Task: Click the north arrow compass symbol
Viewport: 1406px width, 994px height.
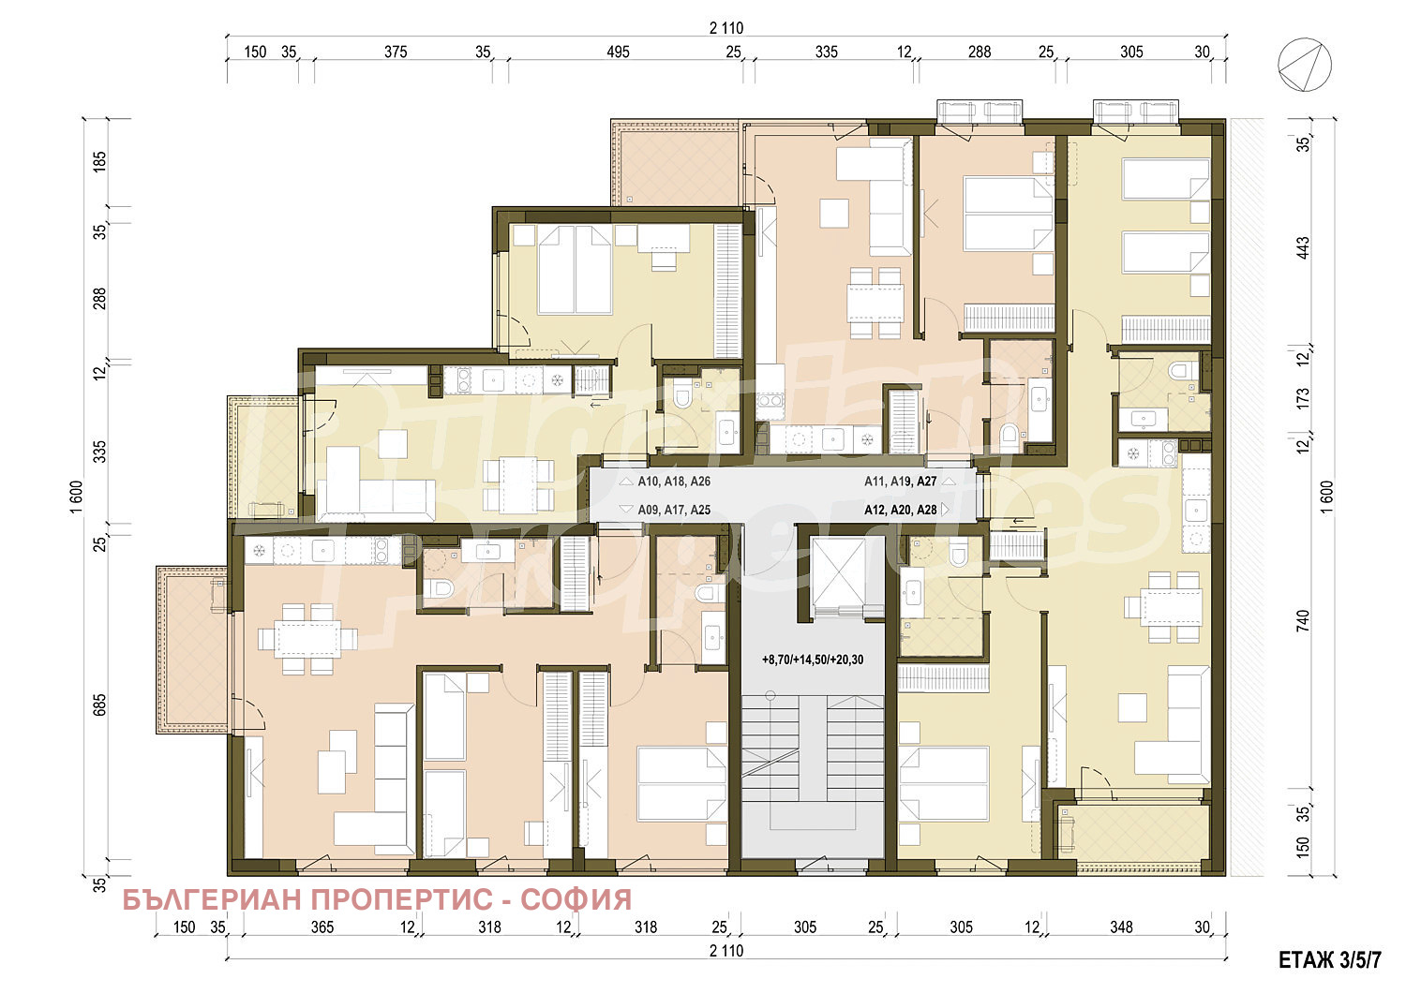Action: tap(1305, 65)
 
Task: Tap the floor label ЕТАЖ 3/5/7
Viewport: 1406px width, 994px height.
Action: tap(1330, 960)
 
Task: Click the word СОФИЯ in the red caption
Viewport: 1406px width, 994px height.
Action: tap(576, 899)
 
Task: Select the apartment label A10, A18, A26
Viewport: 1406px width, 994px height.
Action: tap(674, 482)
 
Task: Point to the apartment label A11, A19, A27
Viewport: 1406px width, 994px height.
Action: tap(900, 482)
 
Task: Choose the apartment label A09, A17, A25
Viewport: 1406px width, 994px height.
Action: tap(674, 511)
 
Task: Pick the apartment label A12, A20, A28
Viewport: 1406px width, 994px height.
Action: tap(900, 511)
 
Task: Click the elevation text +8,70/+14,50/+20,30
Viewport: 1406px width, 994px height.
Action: tap(813, 660)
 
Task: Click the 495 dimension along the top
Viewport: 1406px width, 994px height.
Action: tap(618, 52)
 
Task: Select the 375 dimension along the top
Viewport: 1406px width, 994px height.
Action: tap(396, 52)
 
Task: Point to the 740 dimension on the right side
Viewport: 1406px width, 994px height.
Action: tap(1303, 620)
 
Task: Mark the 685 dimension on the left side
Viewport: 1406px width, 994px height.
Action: tap(99, 705)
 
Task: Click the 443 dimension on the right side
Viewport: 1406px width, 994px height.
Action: tap(1303, 247)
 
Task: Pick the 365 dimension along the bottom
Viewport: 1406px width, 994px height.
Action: tap(322, 927)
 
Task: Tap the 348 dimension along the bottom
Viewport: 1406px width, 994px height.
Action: tap(1121, 927)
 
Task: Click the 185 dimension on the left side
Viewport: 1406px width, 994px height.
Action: tap(99, 161)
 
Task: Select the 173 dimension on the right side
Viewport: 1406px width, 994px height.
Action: tap(1303, 399)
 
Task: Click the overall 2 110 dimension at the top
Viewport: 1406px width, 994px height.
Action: tap(726, 28)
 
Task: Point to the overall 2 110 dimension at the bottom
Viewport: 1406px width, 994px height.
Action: tap(726, 951)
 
